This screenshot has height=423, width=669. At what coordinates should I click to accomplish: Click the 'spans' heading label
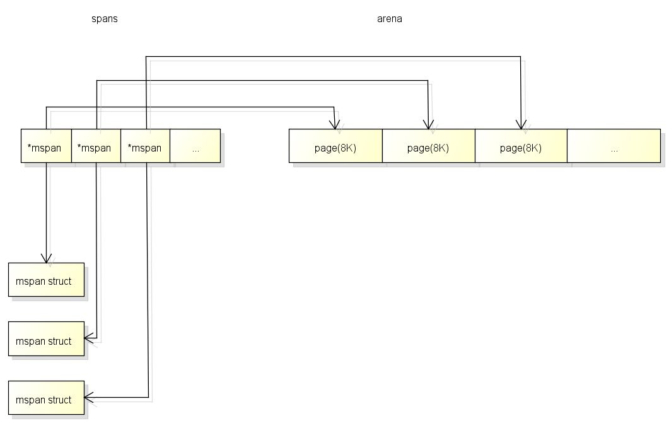[105, 19]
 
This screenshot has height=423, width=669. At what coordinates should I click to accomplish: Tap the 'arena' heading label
[390, 19]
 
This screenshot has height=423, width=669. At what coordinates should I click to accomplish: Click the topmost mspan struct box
[46, 280]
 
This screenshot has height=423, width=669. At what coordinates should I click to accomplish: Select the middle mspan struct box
[46, 339]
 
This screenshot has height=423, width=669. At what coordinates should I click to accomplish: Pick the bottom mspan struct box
[46, 398]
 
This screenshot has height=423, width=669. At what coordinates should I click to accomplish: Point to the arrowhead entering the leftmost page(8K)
[334, 125]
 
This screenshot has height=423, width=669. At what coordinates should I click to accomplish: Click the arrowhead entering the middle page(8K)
[428, 125]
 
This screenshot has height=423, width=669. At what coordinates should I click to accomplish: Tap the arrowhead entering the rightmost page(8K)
[521, 125]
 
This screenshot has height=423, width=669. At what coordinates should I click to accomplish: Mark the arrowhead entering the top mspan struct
[46, 258]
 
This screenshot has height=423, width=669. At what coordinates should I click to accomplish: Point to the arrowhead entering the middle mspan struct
[88, 339]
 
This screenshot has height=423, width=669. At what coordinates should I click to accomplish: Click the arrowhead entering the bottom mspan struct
[88, 398]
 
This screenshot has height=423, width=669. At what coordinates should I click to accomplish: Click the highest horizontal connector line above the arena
[334, 57]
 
